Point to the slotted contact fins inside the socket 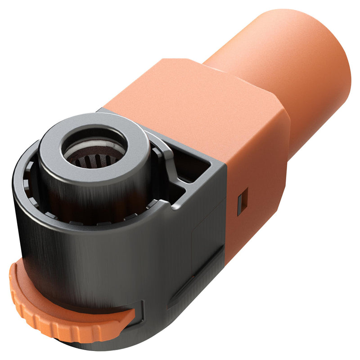[x=92, y=161]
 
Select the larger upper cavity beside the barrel [x=193, y=167]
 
